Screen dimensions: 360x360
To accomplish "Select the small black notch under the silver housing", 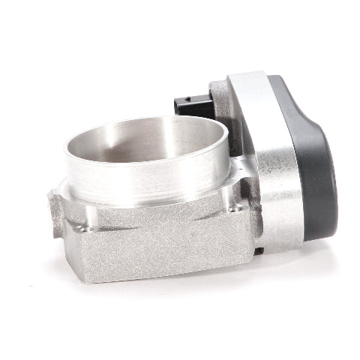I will pyautogui.click(x=257, y=250).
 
